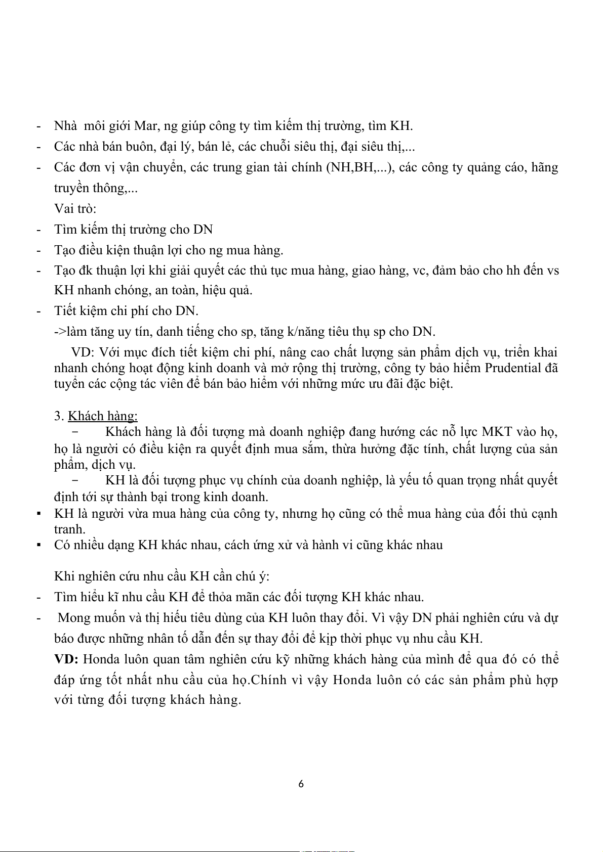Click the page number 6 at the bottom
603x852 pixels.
coord(301,784)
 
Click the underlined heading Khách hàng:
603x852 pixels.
coord(103,416)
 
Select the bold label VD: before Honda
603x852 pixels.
coord(66,659)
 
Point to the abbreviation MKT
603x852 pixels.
coord(497,432)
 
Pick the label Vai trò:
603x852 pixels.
coord(75,208)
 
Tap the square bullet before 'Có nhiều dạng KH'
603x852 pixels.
coord(38,545)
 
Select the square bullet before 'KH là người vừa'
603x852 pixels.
coord(38,514)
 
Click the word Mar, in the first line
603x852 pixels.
coord(146,126)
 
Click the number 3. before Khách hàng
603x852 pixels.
coord(59,416)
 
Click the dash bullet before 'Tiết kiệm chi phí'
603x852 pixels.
coord(38,311)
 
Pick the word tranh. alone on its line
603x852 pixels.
coord(70,529)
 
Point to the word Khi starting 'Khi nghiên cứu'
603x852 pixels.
coord(64,576)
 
